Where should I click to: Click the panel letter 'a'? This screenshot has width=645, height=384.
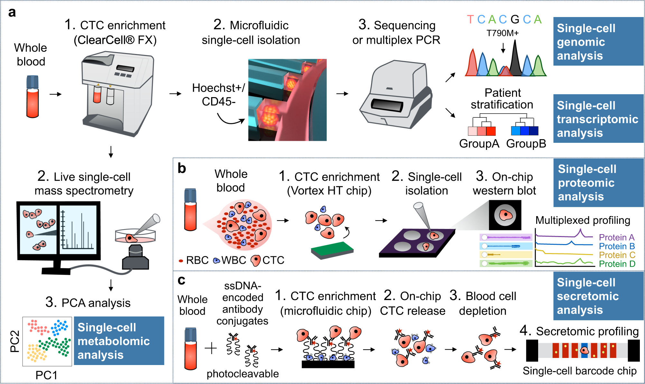click(x=12, y=13)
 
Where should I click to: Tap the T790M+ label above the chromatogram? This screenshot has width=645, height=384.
click(x=502, y=33)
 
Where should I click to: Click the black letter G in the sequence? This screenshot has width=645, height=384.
click(x=515, y=20)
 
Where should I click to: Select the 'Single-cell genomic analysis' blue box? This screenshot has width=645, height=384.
click(x=598, y=42)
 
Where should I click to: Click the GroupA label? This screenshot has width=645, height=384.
click(x=479, y=143)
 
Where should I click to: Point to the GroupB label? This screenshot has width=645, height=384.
click(x=526, y=143)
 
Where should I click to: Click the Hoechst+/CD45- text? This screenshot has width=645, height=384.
click(x=219, y=95)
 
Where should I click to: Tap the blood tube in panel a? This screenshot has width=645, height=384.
click(x=33, y=96)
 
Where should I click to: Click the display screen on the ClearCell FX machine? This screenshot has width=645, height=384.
click(x=125, y=68)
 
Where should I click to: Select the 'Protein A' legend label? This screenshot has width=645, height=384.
click(x=616, y=237)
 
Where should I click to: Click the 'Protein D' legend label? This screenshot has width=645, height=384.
click(x=617, y=264)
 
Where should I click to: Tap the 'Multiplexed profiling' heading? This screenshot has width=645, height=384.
click(x=583, y=220)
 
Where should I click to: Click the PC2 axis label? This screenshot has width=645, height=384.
click(x=15, y=341)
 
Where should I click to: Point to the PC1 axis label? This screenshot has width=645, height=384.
click(x=46, y=375)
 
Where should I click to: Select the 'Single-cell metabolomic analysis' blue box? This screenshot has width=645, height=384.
click(x=119, y=341)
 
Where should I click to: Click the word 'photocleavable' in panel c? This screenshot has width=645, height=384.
click(x=242, y=374)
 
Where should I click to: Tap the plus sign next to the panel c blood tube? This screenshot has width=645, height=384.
click(x=211, y=348)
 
